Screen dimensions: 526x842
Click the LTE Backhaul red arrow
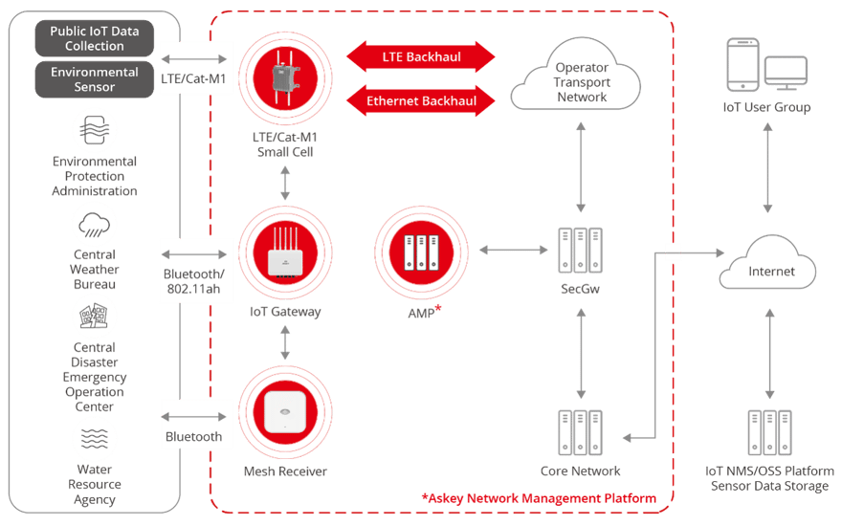(421, 57)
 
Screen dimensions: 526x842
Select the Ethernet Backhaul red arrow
(421, 99)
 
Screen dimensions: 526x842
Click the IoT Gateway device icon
(285, 254)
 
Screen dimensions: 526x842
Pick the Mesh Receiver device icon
(285, 412)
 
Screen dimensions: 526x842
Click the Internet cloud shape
(770, 269)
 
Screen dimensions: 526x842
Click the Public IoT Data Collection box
(94, 39)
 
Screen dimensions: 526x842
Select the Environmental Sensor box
(94, 79)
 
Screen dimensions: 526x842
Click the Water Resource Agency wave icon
(95, 439)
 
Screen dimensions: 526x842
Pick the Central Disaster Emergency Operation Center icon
(95, 315)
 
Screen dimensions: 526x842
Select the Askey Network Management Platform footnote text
(539, 498)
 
